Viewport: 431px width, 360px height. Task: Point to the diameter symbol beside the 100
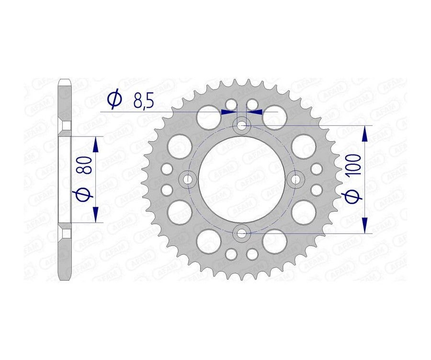point(353,196)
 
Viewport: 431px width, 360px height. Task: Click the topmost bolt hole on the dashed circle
point(241,126)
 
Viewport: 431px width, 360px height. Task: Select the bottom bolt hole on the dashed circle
point(241,234)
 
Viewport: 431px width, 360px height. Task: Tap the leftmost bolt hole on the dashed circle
point(188,180)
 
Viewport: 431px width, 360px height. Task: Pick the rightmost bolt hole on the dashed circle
point(295,180)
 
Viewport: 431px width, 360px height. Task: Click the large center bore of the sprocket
point(241,180)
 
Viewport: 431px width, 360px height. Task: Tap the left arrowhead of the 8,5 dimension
point(228,112)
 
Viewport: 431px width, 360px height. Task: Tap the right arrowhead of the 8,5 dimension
point(255,112)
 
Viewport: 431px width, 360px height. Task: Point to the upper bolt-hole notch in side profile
point(66,126)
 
